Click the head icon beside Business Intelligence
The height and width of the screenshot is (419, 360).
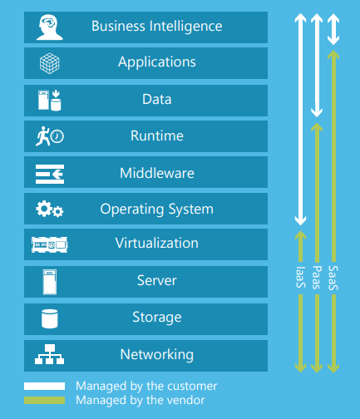point(50,27)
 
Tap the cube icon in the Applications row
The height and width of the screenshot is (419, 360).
point(50,63)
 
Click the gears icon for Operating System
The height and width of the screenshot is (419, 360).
point(50,209)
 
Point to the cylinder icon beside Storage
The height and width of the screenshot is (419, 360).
point(50,318)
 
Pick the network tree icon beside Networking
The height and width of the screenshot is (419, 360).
point(49,354)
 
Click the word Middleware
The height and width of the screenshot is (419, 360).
point(157,173)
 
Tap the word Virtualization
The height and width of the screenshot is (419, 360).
point(157,243)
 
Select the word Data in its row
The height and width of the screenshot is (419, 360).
point(157,99)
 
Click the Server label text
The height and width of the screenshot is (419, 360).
point(157,280)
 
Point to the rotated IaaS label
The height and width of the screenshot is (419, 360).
point(301,277)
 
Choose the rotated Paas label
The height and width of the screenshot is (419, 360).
point(317,278)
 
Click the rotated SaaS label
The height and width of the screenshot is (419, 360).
point(333,278)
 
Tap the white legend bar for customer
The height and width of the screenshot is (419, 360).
point(44,386)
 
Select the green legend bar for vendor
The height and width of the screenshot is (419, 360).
point(44,400)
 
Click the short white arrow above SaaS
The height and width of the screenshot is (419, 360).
point(333,29)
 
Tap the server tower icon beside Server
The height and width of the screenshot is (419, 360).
point(50,282)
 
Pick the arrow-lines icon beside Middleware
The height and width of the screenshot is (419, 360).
point(50,174)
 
